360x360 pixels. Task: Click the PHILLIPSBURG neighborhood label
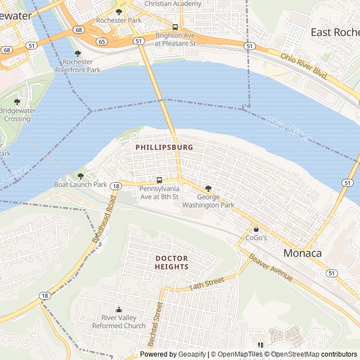164,147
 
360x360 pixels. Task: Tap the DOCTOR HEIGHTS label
172,262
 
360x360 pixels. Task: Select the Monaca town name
303,253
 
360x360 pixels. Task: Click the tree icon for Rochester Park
118,12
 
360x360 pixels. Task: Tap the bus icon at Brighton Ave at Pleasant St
175,27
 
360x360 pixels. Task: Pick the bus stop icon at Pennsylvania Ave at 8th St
159,181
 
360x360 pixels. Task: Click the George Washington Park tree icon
208,189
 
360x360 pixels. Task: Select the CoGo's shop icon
256,229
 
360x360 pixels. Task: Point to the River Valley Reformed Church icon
119,309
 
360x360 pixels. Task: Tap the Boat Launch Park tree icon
80,176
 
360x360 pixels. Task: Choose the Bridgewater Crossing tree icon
17,102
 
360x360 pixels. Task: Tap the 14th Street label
206,283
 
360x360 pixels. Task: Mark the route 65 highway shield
101,42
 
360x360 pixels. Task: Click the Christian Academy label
173,4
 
